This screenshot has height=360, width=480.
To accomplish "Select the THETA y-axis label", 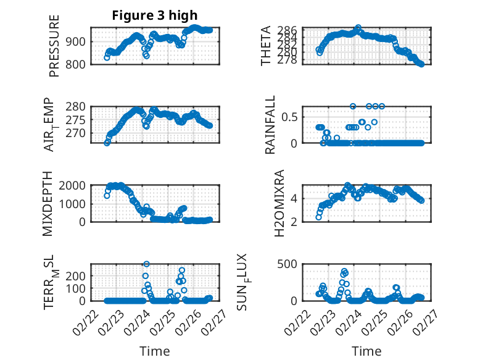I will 266,46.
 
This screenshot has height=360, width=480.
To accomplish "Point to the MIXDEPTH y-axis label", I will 48,204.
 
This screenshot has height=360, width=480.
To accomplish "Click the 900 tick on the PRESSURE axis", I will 78,42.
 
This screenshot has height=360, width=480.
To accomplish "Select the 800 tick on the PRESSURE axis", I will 78,64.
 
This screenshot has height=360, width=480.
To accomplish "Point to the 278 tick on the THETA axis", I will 289,61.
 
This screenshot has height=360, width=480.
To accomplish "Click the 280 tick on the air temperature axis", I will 78,106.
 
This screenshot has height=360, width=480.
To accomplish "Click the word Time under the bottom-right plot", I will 366,351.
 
